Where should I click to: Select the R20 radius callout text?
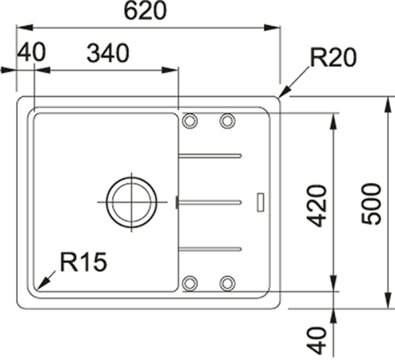[332, 58]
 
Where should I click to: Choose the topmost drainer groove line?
[209, 154]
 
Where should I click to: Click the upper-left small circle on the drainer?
[190, 121]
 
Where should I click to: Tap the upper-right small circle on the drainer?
[228, 121]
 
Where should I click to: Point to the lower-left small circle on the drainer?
[190, 282]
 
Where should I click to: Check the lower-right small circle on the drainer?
[228, 282]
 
